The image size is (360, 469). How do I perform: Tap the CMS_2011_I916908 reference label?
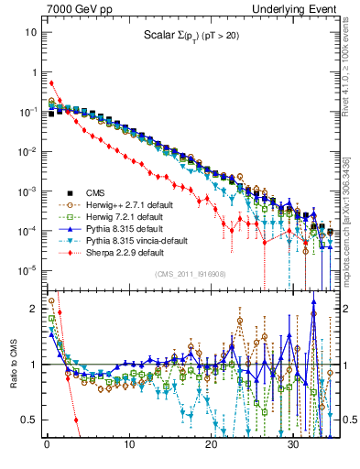coord(189,274)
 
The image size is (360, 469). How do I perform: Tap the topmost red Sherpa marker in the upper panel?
coord(51,83)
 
